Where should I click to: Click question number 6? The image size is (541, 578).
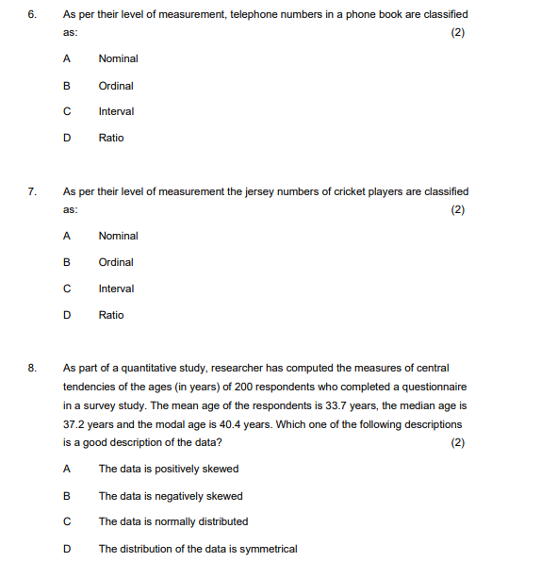click(x=32, y=15)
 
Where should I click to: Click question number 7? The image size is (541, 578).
click(x=32, y=192)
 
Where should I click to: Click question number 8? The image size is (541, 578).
click(x=32, y=369)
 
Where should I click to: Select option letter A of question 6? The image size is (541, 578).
click(x=66, y=58)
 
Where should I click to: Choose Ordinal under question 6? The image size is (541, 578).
click(x=116, y=86)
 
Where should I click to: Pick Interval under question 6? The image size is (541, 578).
click(x=116, y=111)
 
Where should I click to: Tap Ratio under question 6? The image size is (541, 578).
click(x=111, y=138)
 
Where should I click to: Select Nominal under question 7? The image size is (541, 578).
click(x=118, y=236)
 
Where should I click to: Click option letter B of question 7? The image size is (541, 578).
click(x=66, y=262)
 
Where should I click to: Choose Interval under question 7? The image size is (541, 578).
click(x=116, y=289)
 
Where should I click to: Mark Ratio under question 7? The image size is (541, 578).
click(x=111, y=315)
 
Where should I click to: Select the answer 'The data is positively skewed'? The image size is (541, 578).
click(x=169, y=469)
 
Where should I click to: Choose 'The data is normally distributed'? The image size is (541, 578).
click(x=173, y=521)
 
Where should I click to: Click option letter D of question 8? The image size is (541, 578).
click(x=66, y=549)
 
